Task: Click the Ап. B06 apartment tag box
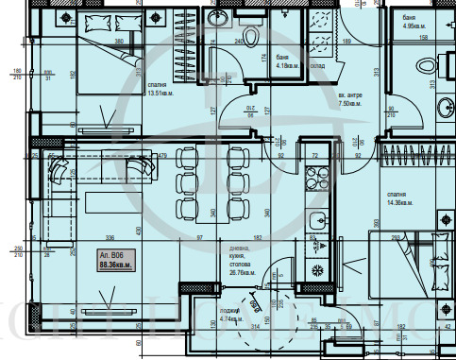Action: pyautogui.click(x=113, y=262)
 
